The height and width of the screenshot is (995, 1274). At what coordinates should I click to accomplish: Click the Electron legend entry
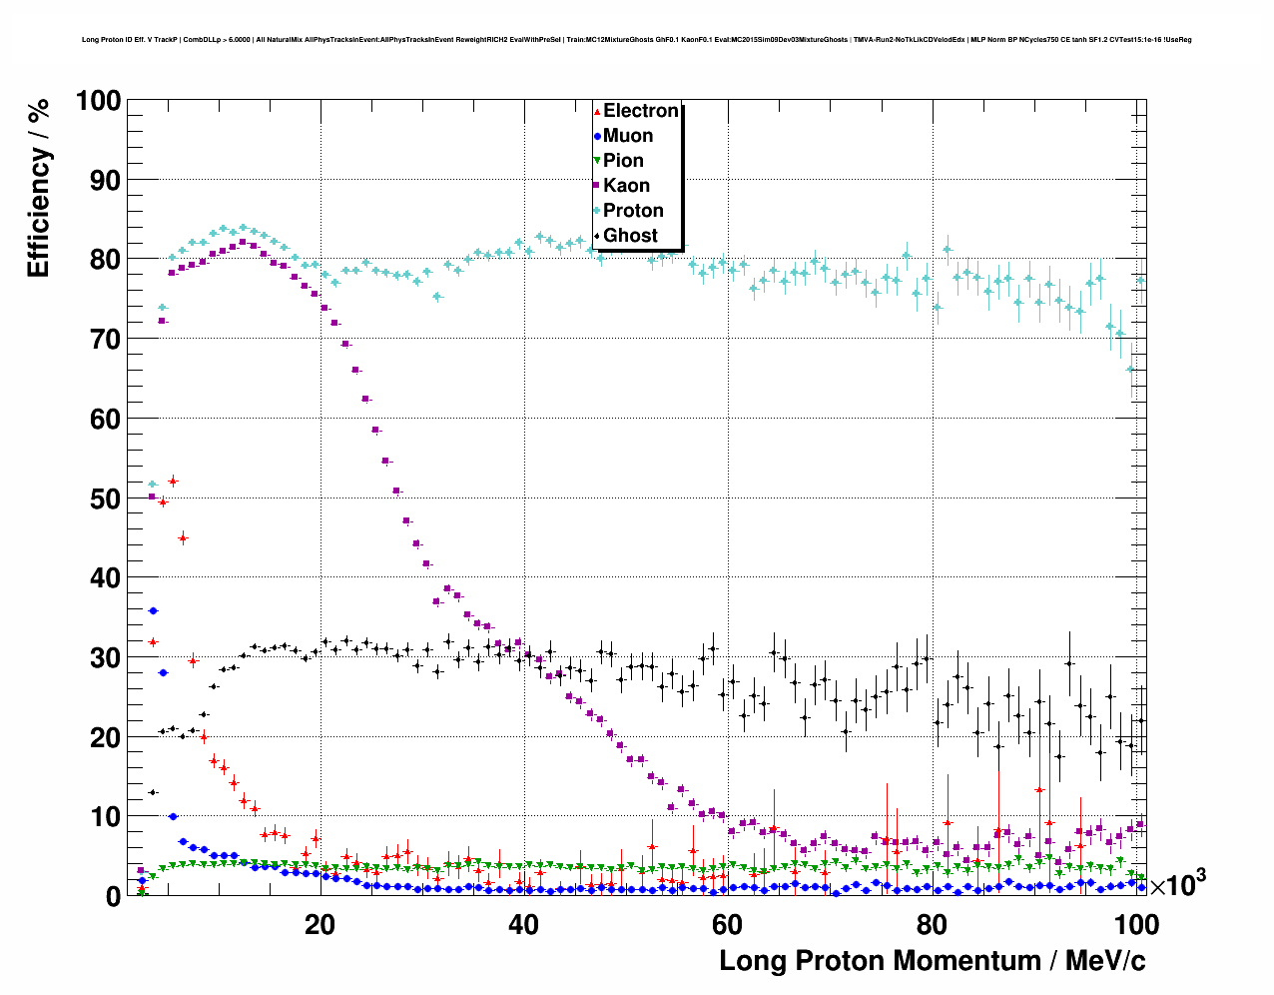pyautogui.click(x=640, y=111)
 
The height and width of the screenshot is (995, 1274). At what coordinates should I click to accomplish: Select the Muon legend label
pyautogui.click(x=628, y=136)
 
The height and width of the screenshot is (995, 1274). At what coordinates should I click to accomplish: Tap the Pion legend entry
pyautogui.click(x=623, y=161)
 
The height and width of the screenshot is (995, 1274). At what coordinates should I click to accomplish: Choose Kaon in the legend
pyautogui.click(x=626, y=186)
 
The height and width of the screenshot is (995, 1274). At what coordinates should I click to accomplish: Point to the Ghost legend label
pyautogui.click(x=630, y=236)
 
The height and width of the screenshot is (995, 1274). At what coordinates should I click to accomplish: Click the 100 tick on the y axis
pyautogui.click(x=98, y=101)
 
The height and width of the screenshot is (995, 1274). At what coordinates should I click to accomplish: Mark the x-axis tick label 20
pyautogui.click(x=319, y=924)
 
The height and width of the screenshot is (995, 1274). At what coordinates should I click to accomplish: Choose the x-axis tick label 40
pyautogui.click(x=523, y=924)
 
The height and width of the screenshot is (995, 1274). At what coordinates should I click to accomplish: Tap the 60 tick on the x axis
pyautogui.click(x=727, y=924)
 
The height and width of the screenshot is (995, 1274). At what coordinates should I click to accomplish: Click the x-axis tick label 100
pyautogui.click(x=1136, y=924)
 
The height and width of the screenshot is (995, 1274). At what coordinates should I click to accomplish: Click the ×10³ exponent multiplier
pyautogui.click(x=1177, y=884)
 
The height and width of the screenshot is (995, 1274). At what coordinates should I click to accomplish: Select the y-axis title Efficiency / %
pyautogui.click(x=38, y=188)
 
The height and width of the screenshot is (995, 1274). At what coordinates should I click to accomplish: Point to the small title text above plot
pyautogui.click(x=636, y=40)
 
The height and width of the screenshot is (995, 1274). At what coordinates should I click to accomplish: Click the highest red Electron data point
pyautogui.click(x=173, y=482)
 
